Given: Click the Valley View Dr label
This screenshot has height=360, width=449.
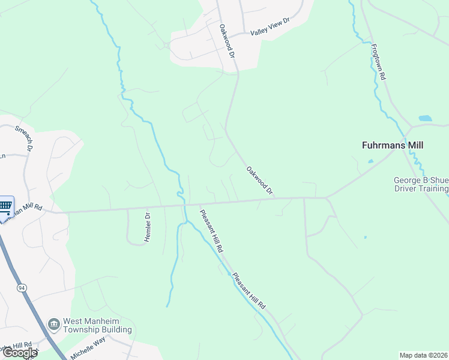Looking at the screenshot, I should tap(270, 26).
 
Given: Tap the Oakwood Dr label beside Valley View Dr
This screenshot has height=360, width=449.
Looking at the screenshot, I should tap(226, 40).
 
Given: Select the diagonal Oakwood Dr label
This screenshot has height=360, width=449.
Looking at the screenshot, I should tap(259, 180).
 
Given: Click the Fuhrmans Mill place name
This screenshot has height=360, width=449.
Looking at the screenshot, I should tap(393, 145).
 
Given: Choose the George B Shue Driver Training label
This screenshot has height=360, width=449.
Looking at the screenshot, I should tap(420, 184).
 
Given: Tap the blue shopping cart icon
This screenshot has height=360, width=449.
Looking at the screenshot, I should tap(5, 206).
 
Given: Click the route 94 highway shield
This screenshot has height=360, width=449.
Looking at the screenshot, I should tap(22, 289).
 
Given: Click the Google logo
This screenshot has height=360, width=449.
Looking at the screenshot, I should tap(19, 353).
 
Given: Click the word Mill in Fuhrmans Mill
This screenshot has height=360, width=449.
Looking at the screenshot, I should tap(414, 145).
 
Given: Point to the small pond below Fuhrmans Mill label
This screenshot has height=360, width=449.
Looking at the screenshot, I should tap(370, 161).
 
